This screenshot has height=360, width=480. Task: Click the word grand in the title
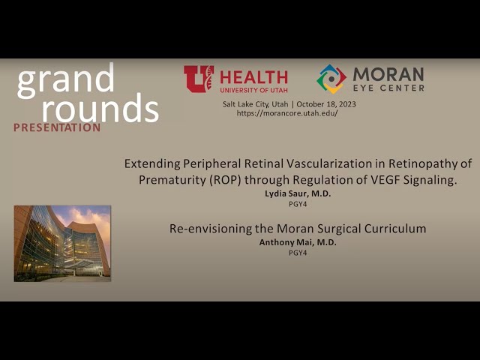click(65, 80)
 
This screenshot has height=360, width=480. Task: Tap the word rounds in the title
click(100, 109)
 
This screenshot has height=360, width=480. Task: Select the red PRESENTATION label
click(57, 127)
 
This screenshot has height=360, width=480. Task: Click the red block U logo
click(199, 79)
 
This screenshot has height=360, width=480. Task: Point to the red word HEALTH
click(253, 76)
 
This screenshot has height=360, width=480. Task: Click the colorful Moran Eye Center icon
click(331, 79)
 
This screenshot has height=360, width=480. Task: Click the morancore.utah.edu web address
click(287, 112)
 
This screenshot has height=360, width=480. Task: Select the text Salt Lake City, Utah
click(253, 103)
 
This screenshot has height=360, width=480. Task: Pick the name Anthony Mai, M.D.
click(298, 242)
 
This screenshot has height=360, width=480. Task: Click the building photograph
click(62, 243)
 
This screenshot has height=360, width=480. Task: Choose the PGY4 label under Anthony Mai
click(298, 252)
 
